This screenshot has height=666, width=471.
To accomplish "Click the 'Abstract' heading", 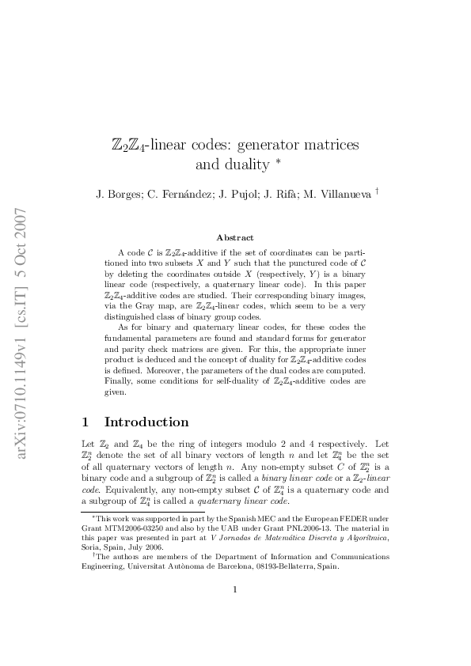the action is pyautogui.click(x=235, y=237).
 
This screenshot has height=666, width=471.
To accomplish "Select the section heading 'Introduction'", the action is pyautogui.click(x=146, y=422).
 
